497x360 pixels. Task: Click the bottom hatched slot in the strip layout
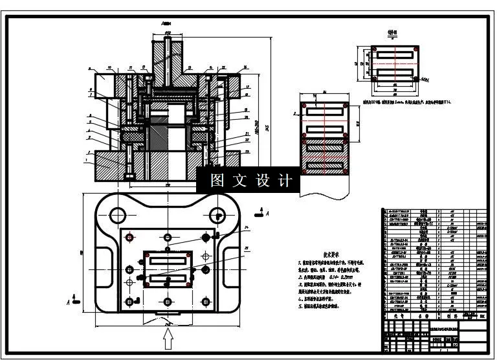coord(326,168)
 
